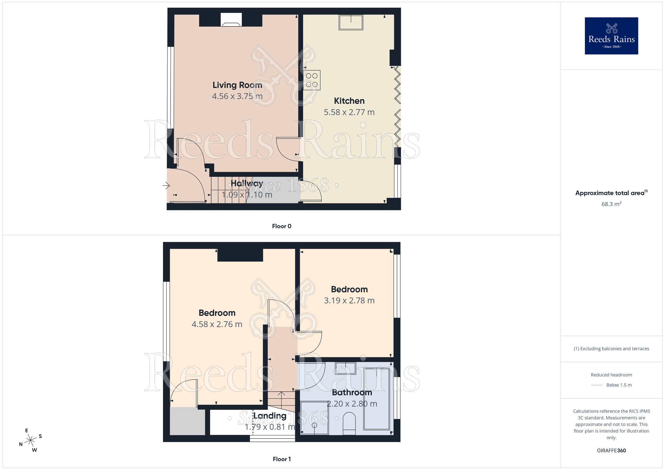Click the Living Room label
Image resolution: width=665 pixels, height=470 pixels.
[x=237, y=85]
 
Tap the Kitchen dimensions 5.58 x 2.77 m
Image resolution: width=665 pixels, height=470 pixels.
[x=349, y=112]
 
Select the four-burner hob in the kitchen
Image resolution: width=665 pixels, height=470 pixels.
[x=312, y=80]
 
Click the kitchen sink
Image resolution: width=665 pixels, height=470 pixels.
[x=351, y=22]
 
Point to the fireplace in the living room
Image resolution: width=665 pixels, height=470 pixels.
[x=231, y=20]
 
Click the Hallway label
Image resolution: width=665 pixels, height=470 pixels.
[x=247, y=183]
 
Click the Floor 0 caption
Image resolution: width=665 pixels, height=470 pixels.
[x=282, y=226]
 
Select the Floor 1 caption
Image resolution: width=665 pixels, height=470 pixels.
[x=282, y=459]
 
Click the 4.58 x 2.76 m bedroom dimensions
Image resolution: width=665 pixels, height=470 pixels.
[x=217, y=324]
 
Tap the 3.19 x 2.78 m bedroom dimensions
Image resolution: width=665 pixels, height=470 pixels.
[x=349, y=300]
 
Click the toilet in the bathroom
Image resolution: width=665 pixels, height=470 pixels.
[x=349, y=423]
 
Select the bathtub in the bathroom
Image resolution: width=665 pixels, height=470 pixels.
[x=377, y=399]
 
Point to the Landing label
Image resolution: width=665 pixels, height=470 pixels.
[x=270, y=416]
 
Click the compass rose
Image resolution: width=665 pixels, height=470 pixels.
[x=31, y=440]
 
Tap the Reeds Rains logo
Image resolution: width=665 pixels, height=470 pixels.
[x=611, y=36]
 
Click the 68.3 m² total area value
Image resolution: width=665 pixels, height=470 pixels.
[x=611, y=204]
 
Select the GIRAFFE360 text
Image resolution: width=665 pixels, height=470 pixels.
[x=611, y=451]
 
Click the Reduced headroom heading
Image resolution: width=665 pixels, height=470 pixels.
[x=611, y=375]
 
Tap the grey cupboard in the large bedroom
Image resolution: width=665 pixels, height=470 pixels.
[x=187, y=421]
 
